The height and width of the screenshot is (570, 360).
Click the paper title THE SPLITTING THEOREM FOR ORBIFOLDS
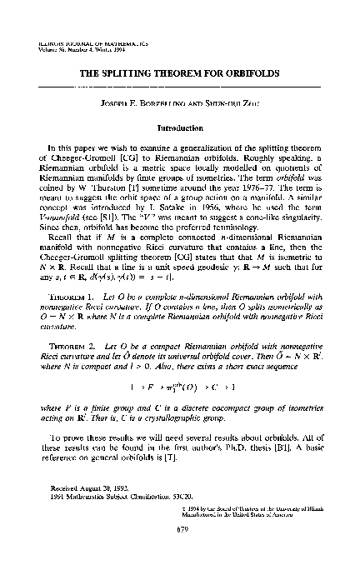180,73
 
